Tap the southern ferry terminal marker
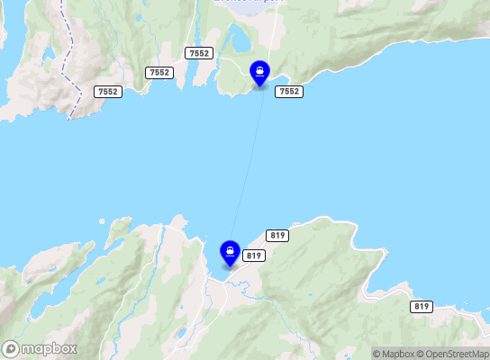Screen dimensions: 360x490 [230, 253]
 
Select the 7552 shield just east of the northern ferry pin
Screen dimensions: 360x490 [289, 92]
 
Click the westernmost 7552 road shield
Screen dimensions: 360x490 [107, 92]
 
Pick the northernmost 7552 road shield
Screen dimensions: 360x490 [198, 54]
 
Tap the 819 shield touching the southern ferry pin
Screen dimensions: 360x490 [253, 256]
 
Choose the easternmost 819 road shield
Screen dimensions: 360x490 [421, 307]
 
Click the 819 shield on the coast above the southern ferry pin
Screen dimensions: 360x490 [277, 236]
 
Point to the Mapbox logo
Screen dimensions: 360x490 [40, 348]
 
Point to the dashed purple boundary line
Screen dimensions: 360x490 [66, 54]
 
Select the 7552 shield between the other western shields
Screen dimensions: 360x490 [159, 72]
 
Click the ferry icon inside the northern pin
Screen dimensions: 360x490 [259, 70]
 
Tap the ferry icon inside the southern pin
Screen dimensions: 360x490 [230, 249]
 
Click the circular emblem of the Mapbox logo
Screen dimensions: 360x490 [11, 348]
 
